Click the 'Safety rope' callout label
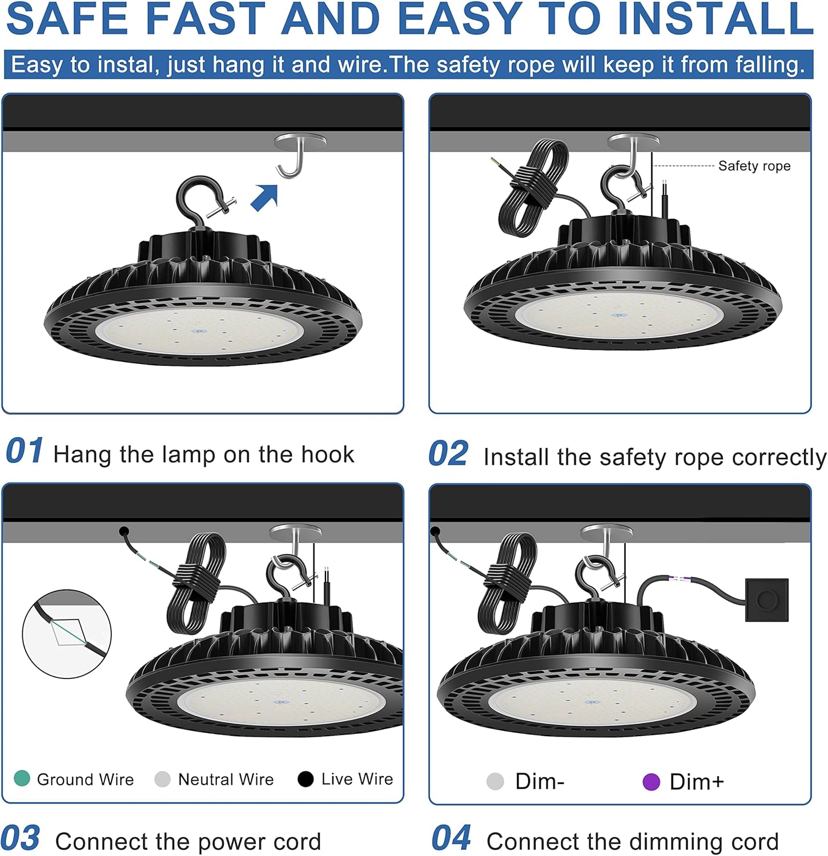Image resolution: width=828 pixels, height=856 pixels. point(754,166)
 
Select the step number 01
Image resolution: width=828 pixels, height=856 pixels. point(24,451)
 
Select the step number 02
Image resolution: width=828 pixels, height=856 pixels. point(449,454)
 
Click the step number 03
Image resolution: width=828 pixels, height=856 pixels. point(21,839)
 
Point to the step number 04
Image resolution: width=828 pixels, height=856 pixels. point(451,839)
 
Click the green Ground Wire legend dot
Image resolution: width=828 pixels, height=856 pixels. point(22,778)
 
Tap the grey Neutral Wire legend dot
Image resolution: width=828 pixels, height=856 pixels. point(163,779)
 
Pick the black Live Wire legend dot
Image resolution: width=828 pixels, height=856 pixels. point(306,779)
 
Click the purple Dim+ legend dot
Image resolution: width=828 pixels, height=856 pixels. point(651,782)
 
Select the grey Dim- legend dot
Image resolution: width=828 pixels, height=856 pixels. point(495,782)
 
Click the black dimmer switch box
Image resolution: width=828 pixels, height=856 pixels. point(767,600)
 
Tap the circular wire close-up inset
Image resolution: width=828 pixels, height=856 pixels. point(67,633)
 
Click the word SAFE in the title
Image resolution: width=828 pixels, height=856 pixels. point(67,18)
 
